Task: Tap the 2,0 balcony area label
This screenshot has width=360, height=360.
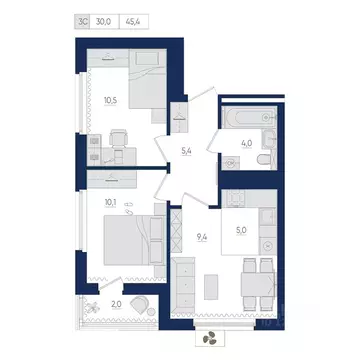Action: [x=115, y=304]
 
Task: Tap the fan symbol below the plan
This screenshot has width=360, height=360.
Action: [x=210, y=339]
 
